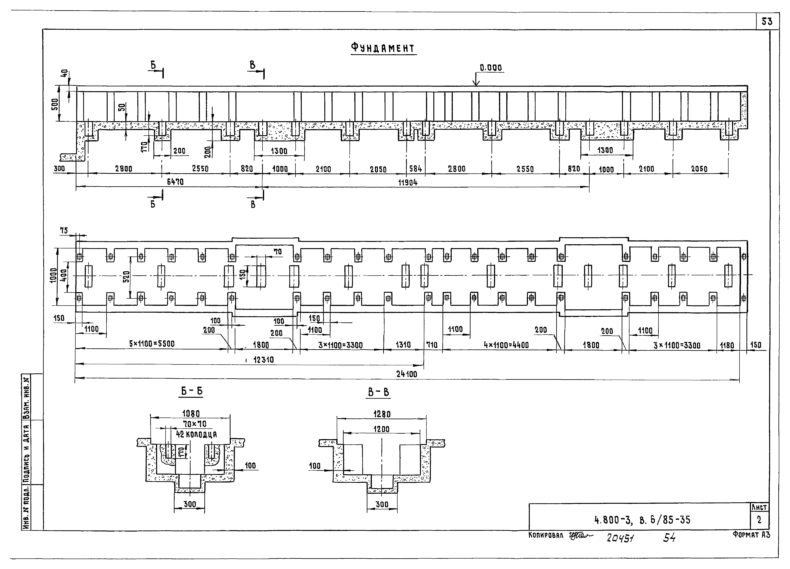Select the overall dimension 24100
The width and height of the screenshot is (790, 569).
(x=406, y=374)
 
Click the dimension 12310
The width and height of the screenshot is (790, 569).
(x=263, y=360)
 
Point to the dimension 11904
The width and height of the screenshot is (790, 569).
(x=408, y=182)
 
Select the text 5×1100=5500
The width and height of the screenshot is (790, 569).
(x=152, y=344)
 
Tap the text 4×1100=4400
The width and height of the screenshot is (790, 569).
(x=506, y=345)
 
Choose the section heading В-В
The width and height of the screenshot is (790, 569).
(x=379, y=392)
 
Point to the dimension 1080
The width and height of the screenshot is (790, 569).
(x=191, y=414)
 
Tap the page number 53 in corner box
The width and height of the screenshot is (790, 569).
(x=767, y=22)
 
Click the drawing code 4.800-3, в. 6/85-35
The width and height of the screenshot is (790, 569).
(x=642, y=520)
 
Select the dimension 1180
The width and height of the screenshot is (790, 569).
(x=727, y=346)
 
